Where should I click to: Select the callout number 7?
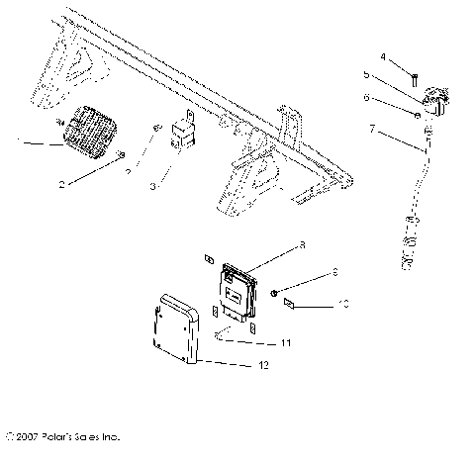click(x=372, y=129)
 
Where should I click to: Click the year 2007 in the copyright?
click(x=29, y=435)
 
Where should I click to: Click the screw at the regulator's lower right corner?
click(x=122, y=155)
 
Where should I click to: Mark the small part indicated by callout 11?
click(x=218, y=334)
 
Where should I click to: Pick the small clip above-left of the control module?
click(x=208, y=259)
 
